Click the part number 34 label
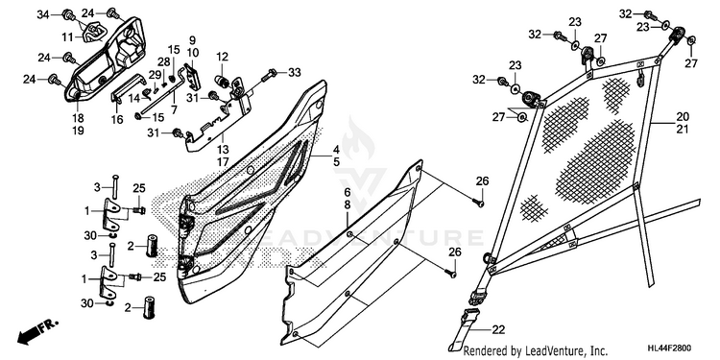(42, 14)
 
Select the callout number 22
(498, 329)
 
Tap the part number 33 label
(295, 72)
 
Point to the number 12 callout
(223, 58)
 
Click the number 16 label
(117, 119)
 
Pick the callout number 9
(192, 40)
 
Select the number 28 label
(164, 62)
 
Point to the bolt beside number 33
(269, 75)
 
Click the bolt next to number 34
(70, 15)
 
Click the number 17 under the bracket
(223, 161)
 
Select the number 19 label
(78, 131)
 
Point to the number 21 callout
(683, 129)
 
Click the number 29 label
(155, 74)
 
